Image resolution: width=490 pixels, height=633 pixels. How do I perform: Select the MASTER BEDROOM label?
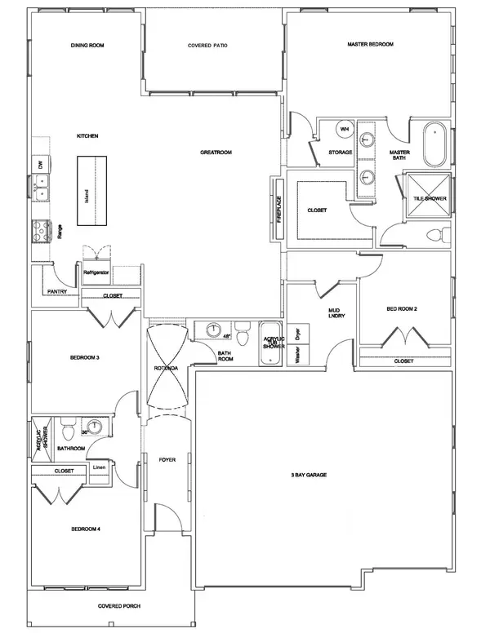[x=371, y=43]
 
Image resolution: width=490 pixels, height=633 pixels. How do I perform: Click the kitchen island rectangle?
[x=92, y=189]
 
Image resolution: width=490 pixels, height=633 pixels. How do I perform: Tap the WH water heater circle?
[x=344, y=130]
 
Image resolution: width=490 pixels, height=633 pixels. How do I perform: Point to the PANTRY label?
[x=57, y=290]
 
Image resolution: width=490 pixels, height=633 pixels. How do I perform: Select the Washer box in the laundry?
[x=298, y=356]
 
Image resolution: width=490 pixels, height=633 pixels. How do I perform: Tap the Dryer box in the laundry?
[x=298, y=333]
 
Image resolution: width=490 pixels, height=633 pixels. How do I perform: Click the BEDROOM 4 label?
[x=86, y=529]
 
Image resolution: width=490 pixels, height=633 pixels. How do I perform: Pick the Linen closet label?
[x=98, y=467]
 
